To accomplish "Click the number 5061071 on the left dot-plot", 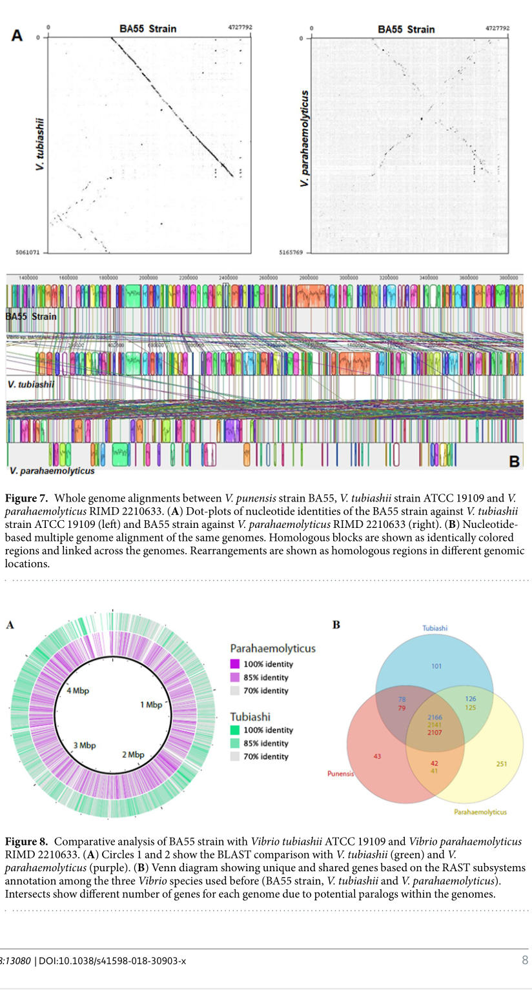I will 28,252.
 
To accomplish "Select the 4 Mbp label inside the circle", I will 78,691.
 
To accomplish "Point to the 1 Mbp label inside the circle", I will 151,705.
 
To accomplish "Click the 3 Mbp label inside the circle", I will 84,745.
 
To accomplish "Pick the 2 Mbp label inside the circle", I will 133,754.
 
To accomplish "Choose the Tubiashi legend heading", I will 251,716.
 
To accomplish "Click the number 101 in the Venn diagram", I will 437,666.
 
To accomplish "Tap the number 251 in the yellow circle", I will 502,764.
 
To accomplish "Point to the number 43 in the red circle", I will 377,756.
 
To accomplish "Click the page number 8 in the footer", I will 525,960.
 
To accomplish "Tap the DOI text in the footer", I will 112,961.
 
